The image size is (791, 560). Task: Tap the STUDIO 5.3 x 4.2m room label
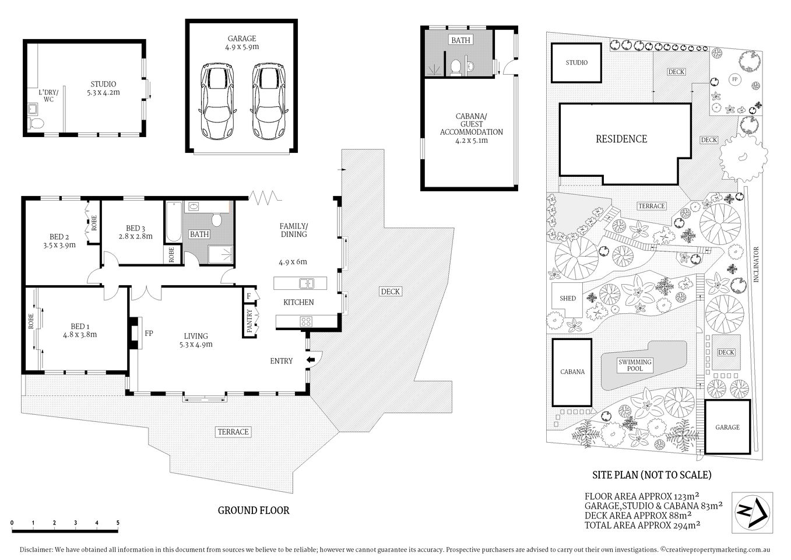tap(103, 88)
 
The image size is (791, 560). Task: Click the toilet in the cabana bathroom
tap(456, 68)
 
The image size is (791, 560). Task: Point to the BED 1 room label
tap(80, 330)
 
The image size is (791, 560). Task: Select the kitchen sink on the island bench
tap(307, 284)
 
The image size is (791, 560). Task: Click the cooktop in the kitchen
tap(306, 321)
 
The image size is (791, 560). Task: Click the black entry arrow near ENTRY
tap(311, 360)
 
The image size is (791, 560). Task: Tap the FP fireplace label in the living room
tap(149, 333)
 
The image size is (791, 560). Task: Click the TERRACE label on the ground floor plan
tap(233, 432)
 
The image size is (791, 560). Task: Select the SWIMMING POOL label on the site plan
tap(635, 365)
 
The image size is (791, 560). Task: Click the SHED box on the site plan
tap(568, 298)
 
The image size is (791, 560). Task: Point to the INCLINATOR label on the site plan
tap(755, 265)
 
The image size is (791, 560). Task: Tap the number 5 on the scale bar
tap(118, 523)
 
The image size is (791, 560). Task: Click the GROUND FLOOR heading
tap(254, 510)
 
